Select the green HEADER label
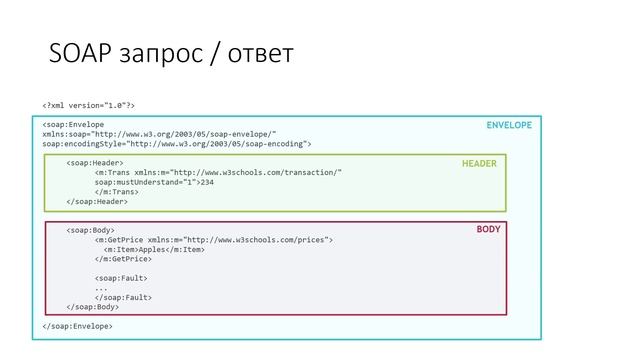point(479,163)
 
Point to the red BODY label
point(489,230)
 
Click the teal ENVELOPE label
point(509,126)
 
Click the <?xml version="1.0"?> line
point(89,105)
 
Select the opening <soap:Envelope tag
point(73,125)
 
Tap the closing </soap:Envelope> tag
point(77,326)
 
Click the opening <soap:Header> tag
point(95,162)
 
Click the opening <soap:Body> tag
point(91,230)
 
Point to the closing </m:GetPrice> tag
point(123,259)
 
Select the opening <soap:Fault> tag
point(122,278)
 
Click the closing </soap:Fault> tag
point(124,297)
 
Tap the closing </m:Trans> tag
point(116,192)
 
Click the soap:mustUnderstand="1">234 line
point(155,182)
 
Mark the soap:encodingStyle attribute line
point(176,144)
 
